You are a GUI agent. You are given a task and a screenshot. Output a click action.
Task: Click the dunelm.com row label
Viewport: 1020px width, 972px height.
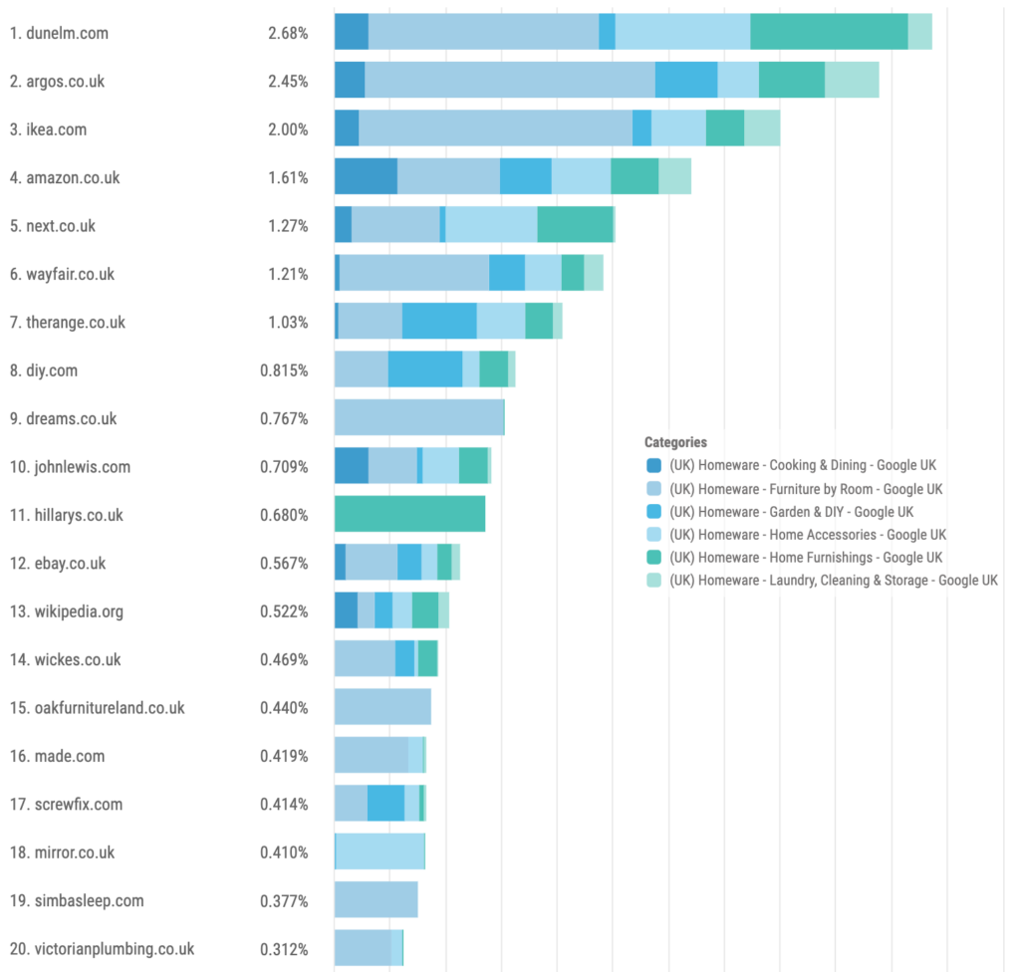click(59, 33)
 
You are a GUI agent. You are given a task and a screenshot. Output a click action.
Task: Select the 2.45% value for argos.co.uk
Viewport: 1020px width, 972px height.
click(288, 82)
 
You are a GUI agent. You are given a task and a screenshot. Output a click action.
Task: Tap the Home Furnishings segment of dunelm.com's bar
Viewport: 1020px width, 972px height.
click(829, 32)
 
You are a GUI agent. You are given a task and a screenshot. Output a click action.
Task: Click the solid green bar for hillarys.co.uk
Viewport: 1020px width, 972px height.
click(409, 515)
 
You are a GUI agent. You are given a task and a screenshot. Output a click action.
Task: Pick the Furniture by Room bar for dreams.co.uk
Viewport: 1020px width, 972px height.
click(419, 418)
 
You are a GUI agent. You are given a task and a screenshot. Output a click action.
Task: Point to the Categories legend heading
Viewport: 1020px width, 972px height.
click(675, 442)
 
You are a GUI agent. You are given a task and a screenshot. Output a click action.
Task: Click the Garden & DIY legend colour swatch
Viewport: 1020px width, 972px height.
click(653, 512)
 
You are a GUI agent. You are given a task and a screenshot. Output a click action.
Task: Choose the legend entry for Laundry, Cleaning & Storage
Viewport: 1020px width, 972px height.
click(833, 581)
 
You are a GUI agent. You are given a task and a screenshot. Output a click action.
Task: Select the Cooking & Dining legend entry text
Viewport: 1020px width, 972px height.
click(803, 465)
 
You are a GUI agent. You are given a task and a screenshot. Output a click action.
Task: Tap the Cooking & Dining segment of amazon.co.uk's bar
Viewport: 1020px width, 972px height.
click(366, 176)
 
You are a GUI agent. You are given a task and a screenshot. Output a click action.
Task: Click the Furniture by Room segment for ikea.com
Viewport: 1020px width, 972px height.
click(495, 128)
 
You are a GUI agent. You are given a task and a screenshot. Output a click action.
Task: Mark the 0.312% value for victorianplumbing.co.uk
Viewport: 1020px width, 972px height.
click(284, 949)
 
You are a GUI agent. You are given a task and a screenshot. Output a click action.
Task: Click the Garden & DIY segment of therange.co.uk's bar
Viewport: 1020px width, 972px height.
click(439, 322)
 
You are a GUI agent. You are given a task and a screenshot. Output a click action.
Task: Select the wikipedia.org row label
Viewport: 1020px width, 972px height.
click(67, 611)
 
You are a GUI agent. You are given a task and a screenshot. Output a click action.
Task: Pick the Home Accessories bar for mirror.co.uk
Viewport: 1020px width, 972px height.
click(381, 852)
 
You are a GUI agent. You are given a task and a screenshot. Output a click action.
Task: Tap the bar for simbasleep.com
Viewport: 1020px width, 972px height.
click(376, 900)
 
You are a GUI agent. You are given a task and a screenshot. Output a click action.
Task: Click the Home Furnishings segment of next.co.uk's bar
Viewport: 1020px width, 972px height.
click(575, 225)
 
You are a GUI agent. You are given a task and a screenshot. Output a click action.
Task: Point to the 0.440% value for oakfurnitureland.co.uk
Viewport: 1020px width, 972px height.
click(284, 708)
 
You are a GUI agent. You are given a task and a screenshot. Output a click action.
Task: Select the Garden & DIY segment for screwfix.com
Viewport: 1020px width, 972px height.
click(385, 804)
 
